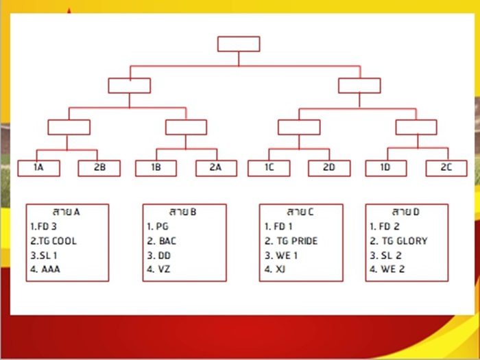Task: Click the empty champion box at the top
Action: (239, 44)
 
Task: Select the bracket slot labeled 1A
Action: (39, 168)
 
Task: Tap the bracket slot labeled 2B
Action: (99, 168)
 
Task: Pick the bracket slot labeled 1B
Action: (156, 168)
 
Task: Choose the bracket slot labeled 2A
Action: (216, 168)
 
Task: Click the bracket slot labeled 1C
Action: (269, 168)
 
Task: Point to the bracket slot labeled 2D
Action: (329, 168)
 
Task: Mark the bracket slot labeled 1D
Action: (386, 168)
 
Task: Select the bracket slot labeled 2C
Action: (446, 168)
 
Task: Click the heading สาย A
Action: (66, 212)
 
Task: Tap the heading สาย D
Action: (406, 212)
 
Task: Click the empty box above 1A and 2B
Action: (69, 128)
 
